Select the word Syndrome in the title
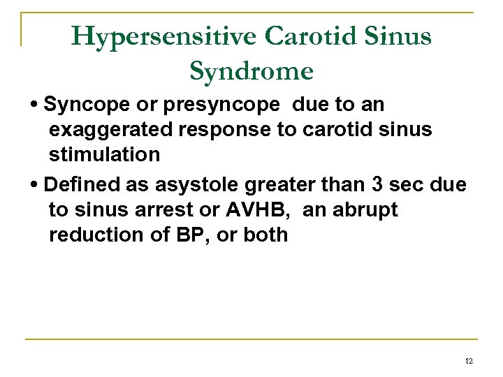[251, 71]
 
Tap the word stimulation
[104, 154]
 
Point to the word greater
[278, 185]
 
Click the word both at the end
[265, 235]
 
